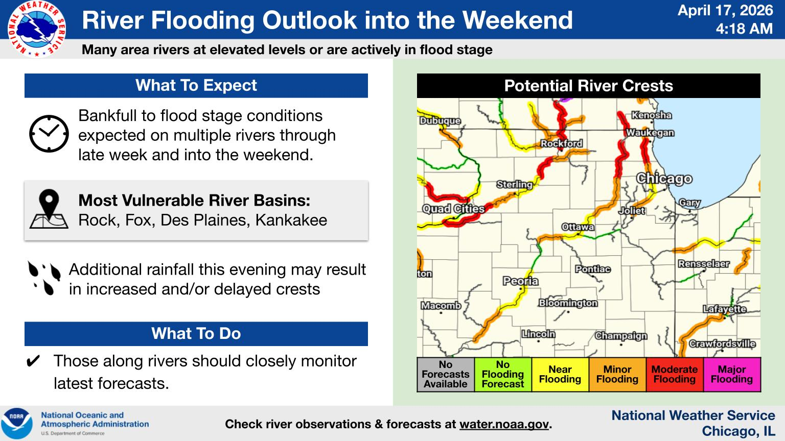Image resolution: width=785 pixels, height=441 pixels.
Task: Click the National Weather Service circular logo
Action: tap(36, 29)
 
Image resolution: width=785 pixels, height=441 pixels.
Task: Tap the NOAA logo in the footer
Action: tap(17, 424)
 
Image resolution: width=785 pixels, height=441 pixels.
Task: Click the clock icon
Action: tap(49, 134)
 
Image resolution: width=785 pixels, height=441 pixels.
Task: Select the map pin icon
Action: tap(49, 209)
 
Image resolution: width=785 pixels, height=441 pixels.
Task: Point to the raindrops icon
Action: tap(44, 278)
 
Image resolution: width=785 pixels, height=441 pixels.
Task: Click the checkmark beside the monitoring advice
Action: tap(33, 361)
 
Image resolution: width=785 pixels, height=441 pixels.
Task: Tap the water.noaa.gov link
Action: tap(504, 424)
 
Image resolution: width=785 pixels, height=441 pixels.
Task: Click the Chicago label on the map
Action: tap(664, 179)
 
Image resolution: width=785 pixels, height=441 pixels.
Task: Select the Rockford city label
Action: tap(562, 143)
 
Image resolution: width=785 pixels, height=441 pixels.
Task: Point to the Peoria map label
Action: tap(520, 281)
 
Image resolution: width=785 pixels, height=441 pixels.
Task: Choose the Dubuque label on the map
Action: tap(440, 121)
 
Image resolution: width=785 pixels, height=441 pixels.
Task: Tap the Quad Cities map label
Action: tap(453, 209)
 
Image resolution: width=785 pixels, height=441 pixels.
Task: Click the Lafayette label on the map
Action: tap(725, 309)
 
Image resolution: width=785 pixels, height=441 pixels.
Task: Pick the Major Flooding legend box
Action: tap(732, 374)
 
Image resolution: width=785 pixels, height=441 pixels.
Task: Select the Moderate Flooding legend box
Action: tap(675, 374)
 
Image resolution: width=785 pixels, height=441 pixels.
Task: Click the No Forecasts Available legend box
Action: tap(446, 374)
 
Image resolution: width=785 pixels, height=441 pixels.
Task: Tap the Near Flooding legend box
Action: tap(560, 374)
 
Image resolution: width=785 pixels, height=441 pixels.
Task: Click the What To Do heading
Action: tap(196, 333)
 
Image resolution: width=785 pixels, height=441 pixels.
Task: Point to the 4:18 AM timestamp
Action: tap(744, 29)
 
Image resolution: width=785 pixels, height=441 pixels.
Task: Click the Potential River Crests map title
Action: tap(589, 86)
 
